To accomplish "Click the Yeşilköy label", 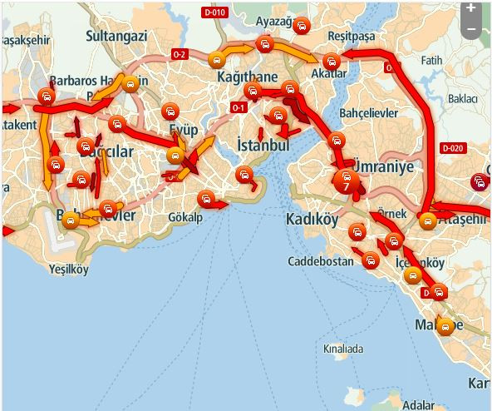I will [x=69, y=270].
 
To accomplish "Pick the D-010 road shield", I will [x=214, y=12].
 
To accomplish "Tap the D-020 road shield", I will [x=452, y=148].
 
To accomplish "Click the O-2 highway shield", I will [x=180, y=54].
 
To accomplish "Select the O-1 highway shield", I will [x=239, y=107].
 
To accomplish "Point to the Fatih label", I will [x=432, y=60].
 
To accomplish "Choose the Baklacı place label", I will [x=463, y=98].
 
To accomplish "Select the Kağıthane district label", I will [x=247, y=77].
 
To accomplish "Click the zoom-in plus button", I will [x=470, y=7].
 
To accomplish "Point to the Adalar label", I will [x=417, y=405].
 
